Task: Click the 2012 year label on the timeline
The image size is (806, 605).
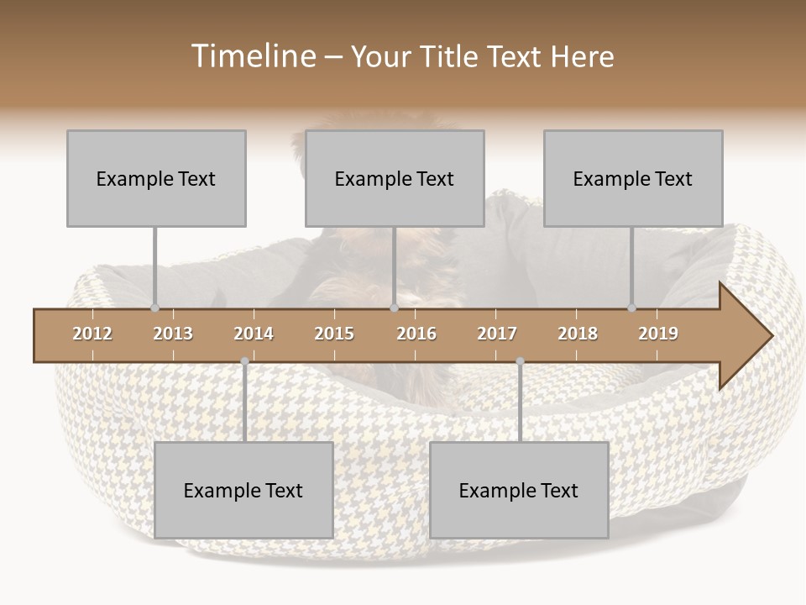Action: (x=92, y=334)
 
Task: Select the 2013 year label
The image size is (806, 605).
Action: (x=173, y=334)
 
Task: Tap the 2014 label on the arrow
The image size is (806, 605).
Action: (x=254, y=334)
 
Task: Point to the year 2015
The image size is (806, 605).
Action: (x=334, y=334)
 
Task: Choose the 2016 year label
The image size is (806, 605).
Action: (x=416, y=334)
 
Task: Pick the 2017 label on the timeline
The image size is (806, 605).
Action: (x=497, y=334)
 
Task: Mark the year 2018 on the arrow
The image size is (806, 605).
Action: (x=578, y=334)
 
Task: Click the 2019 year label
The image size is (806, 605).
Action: (x=658, y=334)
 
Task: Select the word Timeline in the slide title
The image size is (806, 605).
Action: (x=253, y=56)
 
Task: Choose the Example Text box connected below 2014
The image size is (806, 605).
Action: (x=243, y=490)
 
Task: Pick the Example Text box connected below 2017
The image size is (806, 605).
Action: (x=519, y=490)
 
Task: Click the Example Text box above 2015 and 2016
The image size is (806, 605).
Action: (x=395, y=178)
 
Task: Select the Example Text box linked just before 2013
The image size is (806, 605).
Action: (x=156, y=178)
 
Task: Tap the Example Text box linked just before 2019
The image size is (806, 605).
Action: (x=633, y=178)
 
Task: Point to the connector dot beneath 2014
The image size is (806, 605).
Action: (x=244, y=361)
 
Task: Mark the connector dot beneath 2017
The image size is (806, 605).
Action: (x=520, y=361)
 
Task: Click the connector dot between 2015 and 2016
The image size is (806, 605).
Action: (x=395, y=308)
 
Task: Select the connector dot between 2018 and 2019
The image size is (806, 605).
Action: (x=632, y=308)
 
